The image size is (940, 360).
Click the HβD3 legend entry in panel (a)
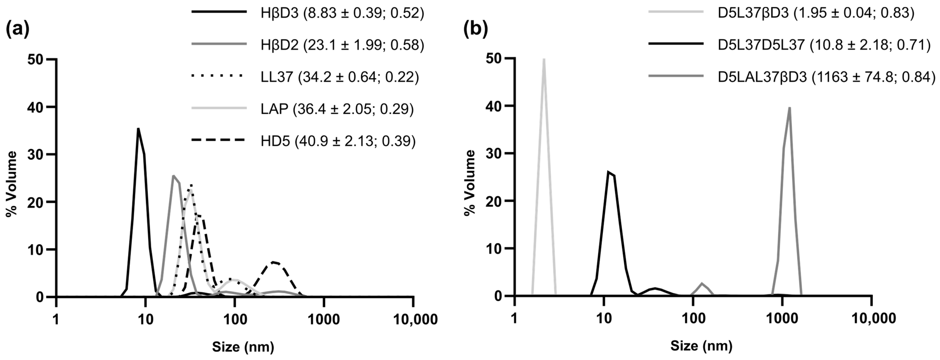point(342,13)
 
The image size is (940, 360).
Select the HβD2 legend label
point(342,45)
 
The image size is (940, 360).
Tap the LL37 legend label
point(339,77)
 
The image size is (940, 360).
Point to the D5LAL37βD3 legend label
point(827,77)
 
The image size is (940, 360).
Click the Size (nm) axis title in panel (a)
point(243,347)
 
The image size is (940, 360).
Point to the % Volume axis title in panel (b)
point(470,182)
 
